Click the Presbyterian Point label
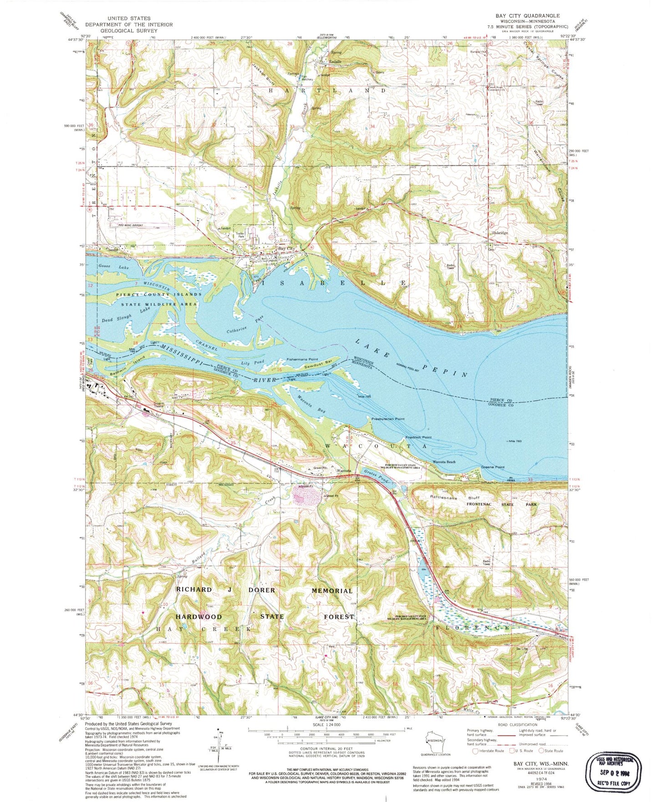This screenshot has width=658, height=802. click(x=388, y=418)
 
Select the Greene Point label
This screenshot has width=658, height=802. click(x=493, y=468)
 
